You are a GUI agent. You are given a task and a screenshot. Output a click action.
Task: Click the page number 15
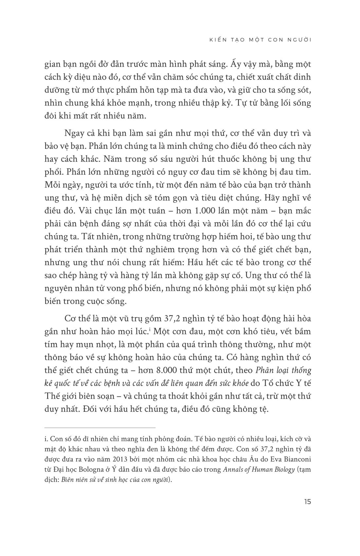point(307,501)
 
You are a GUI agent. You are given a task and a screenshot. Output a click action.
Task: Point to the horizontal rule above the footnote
point(100,427)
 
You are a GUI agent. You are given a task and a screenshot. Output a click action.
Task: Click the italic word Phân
point(264,370)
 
